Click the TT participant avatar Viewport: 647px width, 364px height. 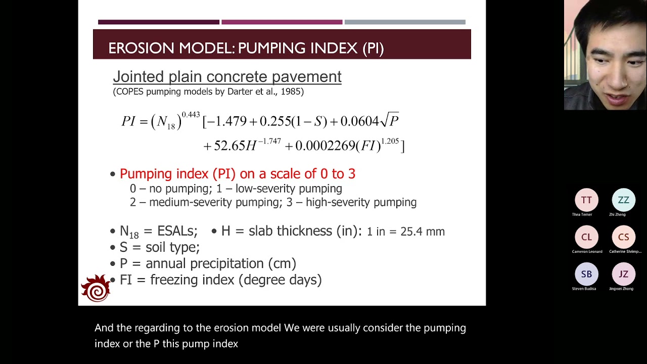(x=586, y=200)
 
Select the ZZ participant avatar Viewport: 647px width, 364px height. (x=623, y=200)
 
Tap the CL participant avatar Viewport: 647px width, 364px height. (x=586, y=237)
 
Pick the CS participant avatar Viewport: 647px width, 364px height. (x=623, y=237)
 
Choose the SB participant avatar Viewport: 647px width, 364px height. (x=586, y=274)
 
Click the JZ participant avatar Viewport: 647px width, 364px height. (x=623, y=274)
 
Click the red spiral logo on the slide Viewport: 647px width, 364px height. (x=96, y=289)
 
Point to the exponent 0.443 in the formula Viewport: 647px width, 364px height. (x=191, y=115)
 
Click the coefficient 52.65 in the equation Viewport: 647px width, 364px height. (x=229, y=146)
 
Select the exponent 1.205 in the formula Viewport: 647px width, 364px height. (x=390, y=141)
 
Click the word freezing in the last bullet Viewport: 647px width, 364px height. (x=174, y=280)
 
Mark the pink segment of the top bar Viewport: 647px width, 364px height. (x=282, y=22)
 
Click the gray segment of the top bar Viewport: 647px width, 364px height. (x=404, y=22)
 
